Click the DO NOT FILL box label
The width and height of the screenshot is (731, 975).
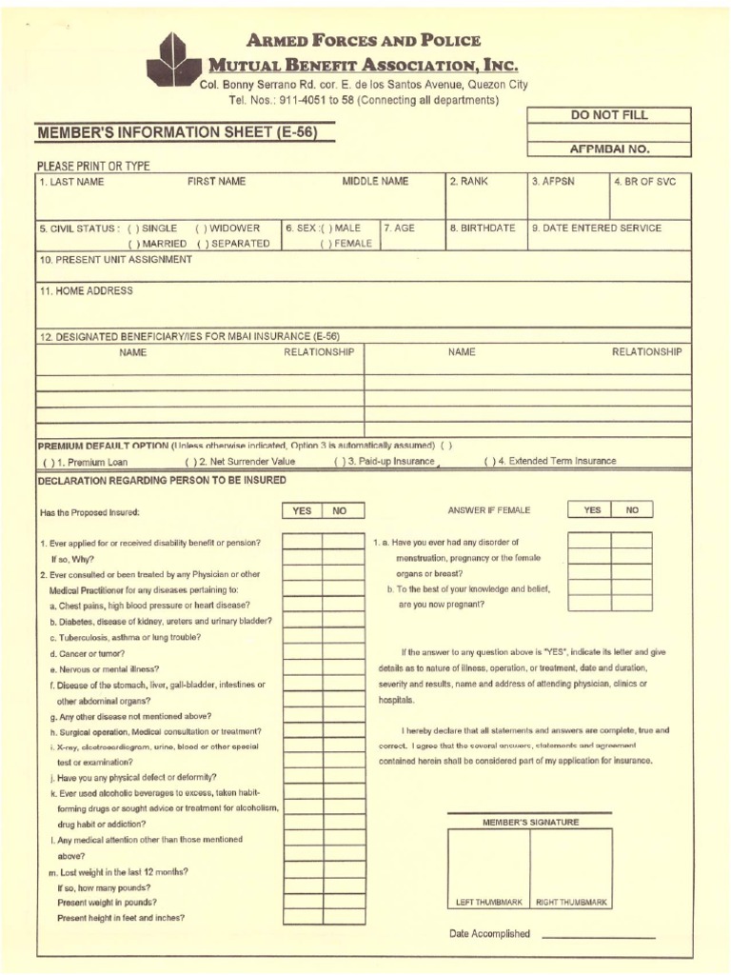tap(609, 115)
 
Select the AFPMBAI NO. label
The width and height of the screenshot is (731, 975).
tap(609, 149)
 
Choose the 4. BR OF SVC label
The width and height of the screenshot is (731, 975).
tap(644, 181)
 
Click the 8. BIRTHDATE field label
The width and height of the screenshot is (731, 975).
tap(483, 229)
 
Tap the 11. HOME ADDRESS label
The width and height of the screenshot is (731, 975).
tap(86, 291)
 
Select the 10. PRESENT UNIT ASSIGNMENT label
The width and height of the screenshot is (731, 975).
tap(115, 259)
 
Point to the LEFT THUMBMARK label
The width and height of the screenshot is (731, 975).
tap(489, 901)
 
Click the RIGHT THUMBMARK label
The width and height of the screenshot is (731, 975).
tap(571, 901)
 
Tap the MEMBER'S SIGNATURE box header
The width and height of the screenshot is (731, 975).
tap(531, 822)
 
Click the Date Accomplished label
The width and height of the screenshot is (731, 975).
tap(489, 934)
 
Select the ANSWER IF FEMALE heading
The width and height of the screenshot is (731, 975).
tap(488, 510)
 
